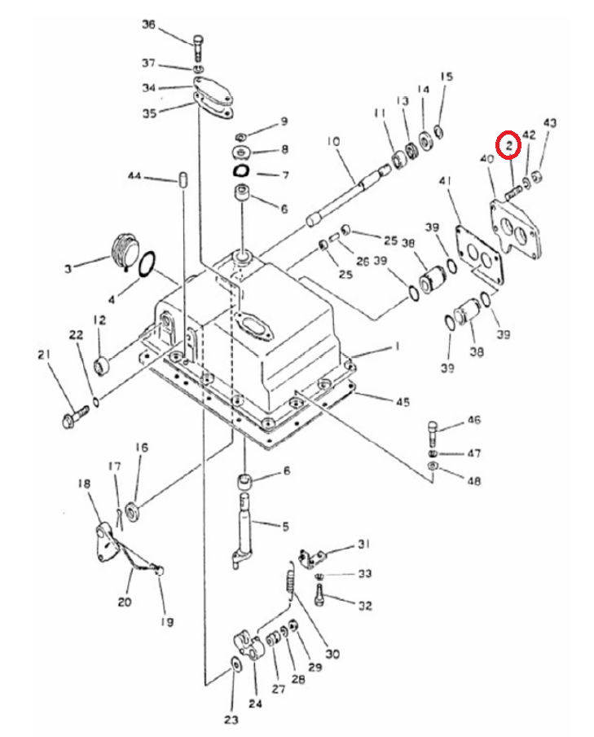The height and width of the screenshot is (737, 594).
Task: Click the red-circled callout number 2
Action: point(508,146)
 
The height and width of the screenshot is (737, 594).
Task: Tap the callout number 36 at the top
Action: point(148,24)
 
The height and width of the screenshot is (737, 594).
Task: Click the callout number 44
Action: point(134,176)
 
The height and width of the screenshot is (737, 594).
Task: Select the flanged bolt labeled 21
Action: point(75,416)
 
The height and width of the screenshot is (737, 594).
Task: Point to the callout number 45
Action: point(403,402)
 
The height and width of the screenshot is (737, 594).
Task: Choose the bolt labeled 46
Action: point(433,435)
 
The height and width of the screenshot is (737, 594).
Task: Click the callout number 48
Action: point(473,480)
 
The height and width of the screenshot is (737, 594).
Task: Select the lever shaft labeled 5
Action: point(244,531)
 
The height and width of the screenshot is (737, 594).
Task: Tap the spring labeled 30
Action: point(291,583)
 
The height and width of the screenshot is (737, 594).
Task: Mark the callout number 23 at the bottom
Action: point(231,719)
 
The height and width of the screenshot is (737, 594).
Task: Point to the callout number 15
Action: point(447,76)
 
